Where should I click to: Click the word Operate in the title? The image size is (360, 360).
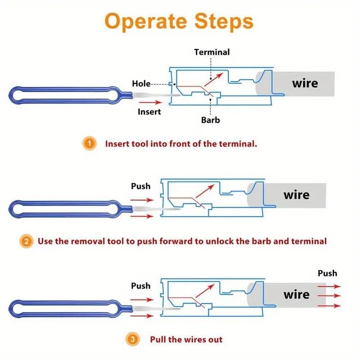pos(146,21)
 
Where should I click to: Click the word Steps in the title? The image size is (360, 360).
pos(224,21)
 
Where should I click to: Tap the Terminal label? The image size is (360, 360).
pos(211,52)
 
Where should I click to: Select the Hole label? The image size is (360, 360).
pos(141,84)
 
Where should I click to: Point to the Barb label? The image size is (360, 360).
pos(210,120)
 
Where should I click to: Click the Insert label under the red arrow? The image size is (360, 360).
pos(149,112)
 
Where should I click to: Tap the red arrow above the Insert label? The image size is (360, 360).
pos(150,102)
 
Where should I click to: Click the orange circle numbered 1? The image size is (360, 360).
pos(89,144)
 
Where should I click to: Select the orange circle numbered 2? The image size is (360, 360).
pos(27,241)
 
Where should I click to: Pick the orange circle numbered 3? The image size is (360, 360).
pos(132,339)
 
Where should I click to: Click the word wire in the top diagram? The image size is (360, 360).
pos(305,83)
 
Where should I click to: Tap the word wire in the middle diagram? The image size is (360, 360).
pos(297,195)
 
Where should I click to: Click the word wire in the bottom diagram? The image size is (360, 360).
pos(297,295)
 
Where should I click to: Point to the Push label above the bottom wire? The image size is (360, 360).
pos(328,273)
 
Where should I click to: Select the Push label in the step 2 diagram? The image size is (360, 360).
pos(140,186)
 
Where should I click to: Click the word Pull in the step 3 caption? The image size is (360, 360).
pos(158,339)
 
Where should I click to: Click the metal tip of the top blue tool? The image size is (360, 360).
pos(156,95)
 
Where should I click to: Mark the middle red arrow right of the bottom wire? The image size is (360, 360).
pos(329,296)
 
